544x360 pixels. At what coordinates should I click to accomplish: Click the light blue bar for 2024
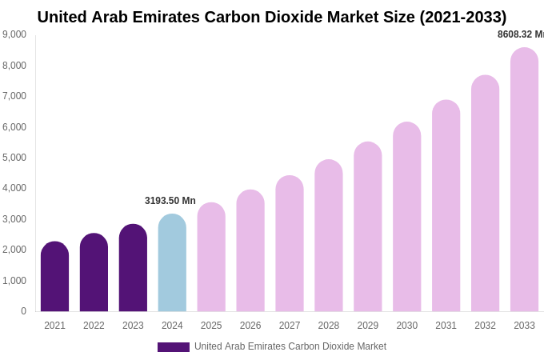pos(172,264)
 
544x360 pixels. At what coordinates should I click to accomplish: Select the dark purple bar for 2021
pos(54,278)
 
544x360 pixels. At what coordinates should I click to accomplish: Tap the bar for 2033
pos(524,180)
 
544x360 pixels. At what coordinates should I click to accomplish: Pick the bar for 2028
pos(329,236)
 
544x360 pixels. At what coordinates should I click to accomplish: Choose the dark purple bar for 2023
pos(133,269)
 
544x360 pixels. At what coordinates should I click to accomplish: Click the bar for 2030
pos(406,218)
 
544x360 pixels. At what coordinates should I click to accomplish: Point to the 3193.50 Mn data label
pos(170,201)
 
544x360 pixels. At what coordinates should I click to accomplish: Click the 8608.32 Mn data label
pos(520,34)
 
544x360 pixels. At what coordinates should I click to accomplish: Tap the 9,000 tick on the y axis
pos(14,34)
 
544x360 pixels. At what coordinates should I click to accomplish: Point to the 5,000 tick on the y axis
pos(14,158)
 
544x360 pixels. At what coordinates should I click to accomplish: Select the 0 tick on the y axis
pos(23,311)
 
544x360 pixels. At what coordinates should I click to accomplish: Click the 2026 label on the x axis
pos(250,326)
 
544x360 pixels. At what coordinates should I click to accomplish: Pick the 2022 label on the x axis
pos(94,326)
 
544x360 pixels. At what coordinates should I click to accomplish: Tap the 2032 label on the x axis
pos(485,326)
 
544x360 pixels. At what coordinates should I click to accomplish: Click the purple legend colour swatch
pos(174,347)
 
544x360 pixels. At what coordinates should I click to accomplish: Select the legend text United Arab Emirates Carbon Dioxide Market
pos(290,346)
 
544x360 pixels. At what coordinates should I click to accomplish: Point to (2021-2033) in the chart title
pos(463,17)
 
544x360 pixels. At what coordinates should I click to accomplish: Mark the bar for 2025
pos(211,258)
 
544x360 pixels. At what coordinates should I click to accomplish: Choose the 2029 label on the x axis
pos(368,326)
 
